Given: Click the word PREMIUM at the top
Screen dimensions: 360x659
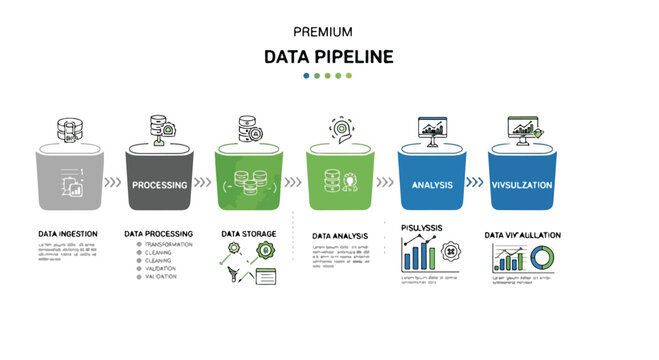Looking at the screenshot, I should (x=329, y=30).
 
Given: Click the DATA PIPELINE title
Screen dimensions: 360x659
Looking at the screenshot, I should (x=329, y=56).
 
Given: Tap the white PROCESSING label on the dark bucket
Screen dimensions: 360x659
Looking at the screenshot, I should (x=161, y=184).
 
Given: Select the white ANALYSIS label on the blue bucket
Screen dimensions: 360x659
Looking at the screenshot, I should (x=432, y=185).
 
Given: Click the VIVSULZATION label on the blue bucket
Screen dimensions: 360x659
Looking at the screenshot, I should (x=522, y=185).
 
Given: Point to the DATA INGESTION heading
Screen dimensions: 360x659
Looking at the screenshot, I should (x=68, y=234).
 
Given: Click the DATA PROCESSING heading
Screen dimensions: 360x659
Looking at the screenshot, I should (x=158, y=234).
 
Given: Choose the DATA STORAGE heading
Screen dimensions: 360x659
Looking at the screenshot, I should (x=249, y=234).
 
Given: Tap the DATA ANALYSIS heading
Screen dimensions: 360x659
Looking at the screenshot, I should (x=340, y=236).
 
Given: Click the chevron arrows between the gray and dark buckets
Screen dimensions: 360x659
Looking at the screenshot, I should (x=113, y=183).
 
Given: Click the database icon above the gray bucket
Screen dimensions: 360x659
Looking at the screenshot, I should (x=69, y=131).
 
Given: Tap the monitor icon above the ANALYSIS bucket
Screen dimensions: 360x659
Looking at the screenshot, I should (x=432, y=131).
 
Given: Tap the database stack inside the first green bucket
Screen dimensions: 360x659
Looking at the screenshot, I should (x=250, y=185).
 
